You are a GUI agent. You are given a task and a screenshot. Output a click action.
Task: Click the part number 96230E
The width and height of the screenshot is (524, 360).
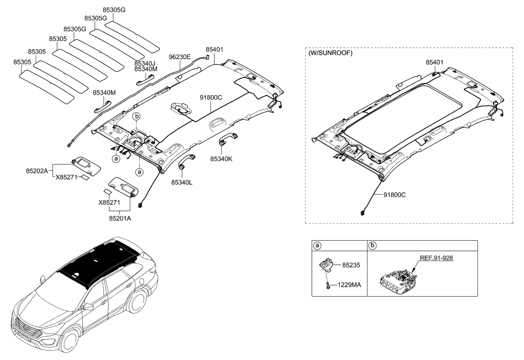179,57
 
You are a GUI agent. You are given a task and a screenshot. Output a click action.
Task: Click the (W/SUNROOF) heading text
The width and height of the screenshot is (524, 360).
330,53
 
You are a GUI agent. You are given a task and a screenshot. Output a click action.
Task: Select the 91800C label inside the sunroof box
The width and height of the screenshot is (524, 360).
394,195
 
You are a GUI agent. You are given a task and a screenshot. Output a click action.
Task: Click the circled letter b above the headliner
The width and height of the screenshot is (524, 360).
137,116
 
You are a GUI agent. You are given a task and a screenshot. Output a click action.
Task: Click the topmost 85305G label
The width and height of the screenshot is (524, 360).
114,8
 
